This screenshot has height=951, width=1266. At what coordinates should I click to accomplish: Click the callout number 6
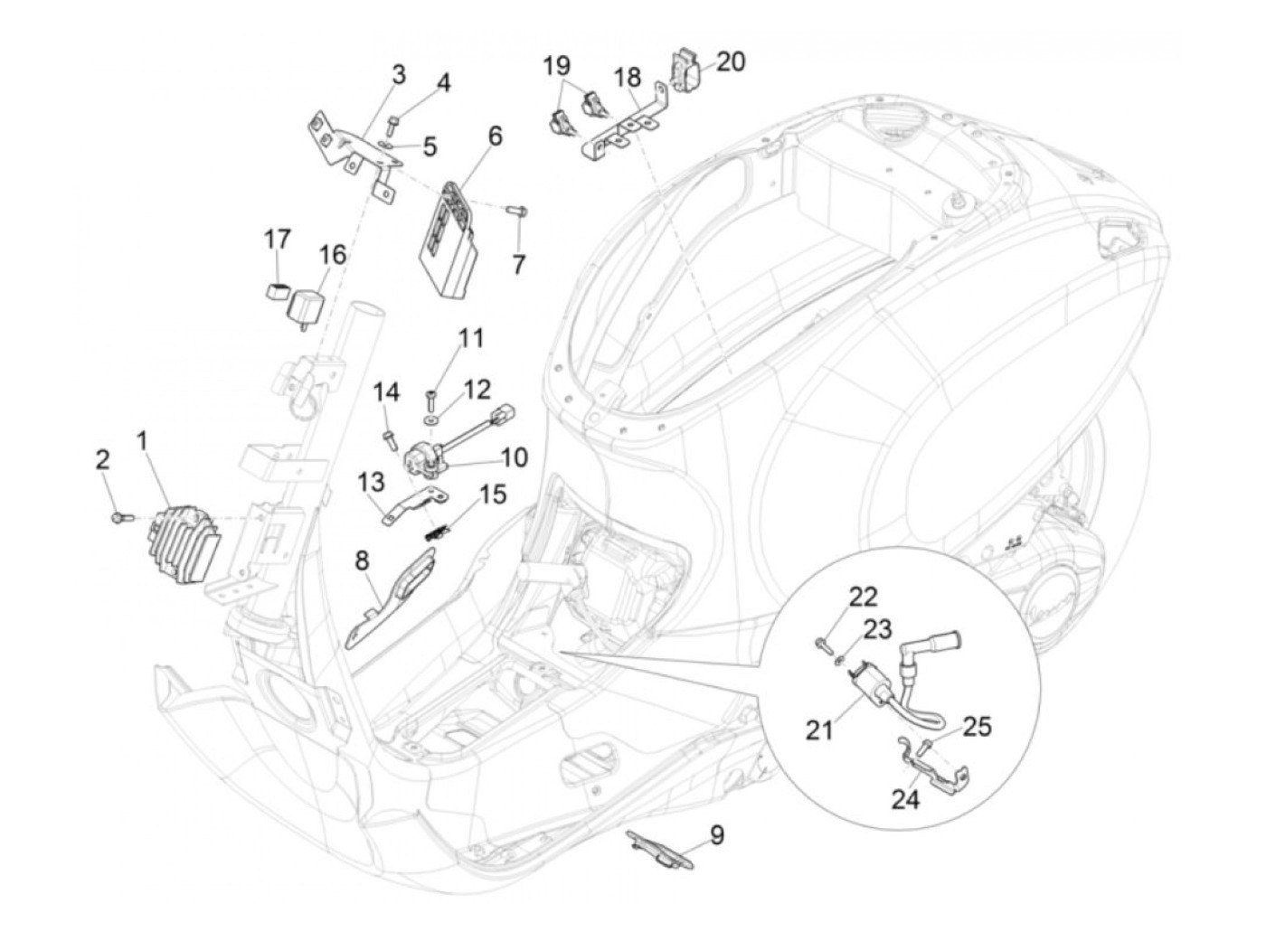point(495,137)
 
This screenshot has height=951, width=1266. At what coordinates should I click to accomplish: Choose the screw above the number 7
point(516,226)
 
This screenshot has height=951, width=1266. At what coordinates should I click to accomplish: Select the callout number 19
point(556,66)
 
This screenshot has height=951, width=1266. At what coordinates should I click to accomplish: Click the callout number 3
point(399,74)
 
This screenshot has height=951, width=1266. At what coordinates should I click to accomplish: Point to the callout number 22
point(861,598)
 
